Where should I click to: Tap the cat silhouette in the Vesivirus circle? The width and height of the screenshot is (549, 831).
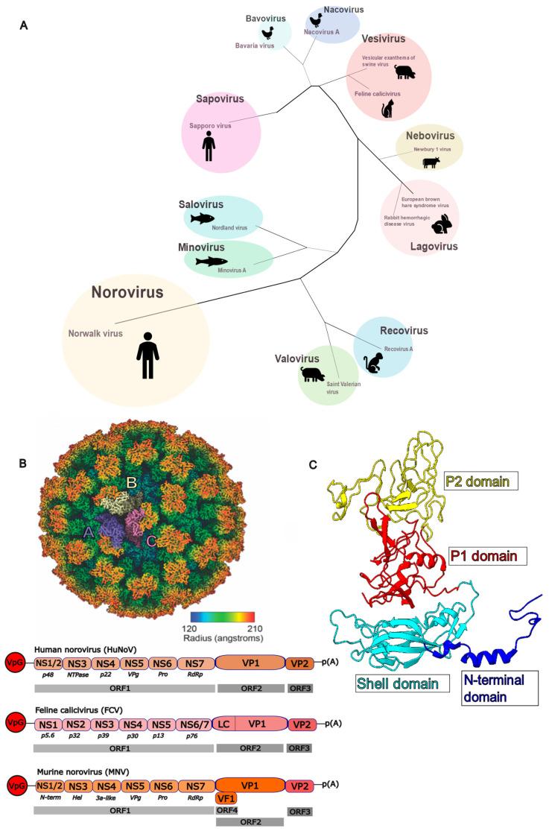(387, 110)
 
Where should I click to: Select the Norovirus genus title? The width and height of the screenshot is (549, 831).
(127, 292)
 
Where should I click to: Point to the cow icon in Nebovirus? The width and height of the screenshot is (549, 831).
(431, 162)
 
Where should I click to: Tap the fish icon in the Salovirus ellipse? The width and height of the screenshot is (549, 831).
(201, 218)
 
